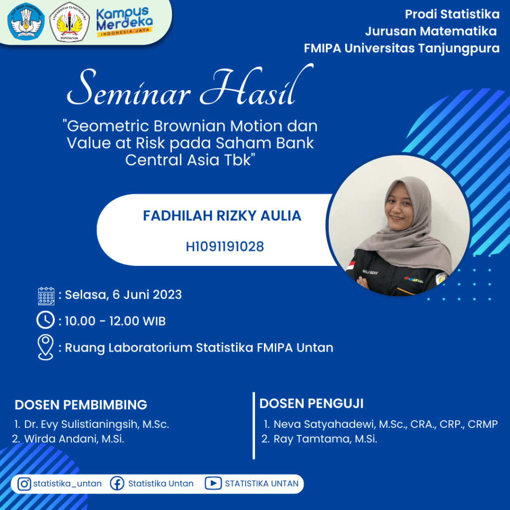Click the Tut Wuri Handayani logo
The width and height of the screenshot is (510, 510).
point(26,21)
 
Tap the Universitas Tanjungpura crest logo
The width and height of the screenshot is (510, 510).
point(69,22)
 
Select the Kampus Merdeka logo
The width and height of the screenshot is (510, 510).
point(125,22)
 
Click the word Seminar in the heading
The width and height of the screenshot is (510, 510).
point(128,88)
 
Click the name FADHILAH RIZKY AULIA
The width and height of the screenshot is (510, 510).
point(222,216)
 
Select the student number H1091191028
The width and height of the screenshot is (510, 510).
point(225,247)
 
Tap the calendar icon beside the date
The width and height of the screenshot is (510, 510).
point(46,296)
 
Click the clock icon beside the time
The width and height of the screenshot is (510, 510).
point(45,320)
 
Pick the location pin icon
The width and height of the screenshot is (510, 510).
point(45,347)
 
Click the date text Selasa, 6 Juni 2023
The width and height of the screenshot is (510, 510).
point(124,295)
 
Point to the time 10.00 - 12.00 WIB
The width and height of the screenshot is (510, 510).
point(115,321)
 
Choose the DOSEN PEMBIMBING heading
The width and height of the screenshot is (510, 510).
point(81,405)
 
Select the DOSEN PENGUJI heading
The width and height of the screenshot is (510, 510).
point(311,403)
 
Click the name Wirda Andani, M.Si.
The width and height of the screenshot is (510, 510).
point(74,439)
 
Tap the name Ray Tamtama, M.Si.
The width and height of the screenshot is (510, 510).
point(325,439)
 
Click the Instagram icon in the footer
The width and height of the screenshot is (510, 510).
point(24,484)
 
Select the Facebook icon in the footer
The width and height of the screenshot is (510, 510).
point(117,484)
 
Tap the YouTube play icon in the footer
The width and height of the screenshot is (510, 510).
point(213,483)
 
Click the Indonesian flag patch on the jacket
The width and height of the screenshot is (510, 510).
point(351,265)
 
